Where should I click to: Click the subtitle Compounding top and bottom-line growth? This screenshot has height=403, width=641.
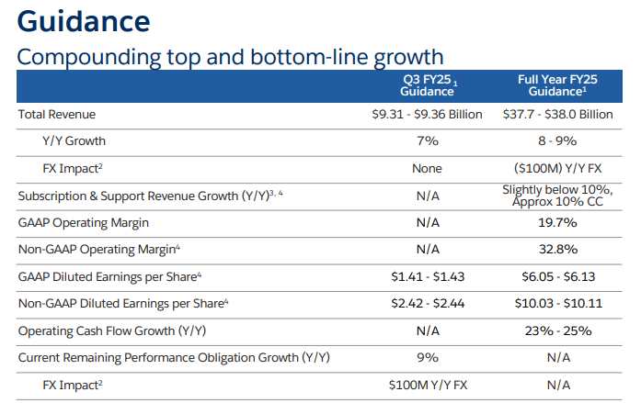point(230,57)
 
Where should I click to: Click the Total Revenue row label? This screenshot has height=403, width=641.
point(57,115)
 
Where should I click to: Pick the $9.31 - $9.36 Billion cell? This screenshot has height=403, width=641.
point(427,115)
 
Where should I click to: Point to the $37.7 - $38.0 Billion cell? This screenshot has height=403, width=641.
point(558,115)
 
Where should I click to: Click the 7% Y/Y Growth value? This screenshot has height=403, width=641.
point(427,141)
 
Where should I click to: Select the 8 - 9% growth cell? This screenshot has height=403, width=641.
point(558,141)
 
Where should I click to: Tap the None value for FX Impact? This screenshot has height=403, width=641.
point(427,169)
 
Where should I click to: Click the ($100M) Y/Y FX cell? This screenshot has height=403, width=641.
point(558,169)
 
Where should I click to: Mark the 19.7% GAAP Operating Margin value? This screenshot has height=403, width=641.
point(558,222)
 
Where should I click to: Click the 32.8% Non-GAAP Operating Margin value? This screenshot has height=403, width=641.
point(558,249)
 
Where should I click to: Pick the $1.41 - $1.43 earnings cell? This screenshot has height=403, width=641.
point(427,276)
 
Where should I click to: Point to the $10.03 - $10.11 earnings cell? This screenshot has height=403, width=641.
point(558,303)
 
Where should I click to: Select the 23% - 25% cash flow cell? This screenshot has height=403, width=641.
point(558,330)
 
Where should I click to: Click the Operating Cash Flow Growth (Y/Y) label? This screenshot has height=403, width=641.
point(111,330)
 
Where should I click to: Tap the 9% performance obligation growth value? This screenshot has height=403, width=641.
point(427,357)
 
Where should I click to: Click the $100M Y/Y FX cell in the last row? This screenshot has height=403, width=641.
point(427,384)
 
